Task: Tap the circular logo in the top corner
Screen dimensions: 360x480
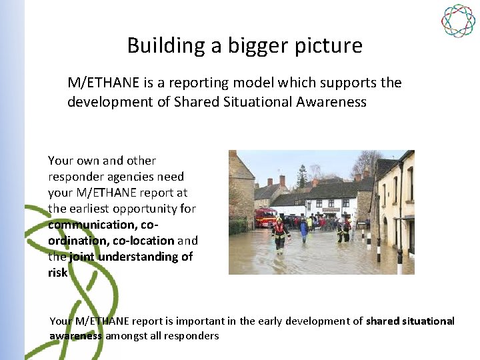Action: click(x=458, y=20)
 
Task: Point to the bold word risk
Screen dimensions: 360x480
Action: click(x=57, y=273)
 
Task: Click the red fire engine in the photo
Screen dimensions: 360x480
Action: click(x=265, y=217)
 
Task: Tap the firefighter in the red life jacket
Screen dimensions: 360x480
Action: click(x=279, y=233)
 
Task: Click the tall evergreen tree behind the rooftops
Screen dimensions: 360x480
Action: click(x=303, y=175)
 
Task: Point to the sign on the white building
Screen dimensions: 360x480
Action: click(x=330, y=209)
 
